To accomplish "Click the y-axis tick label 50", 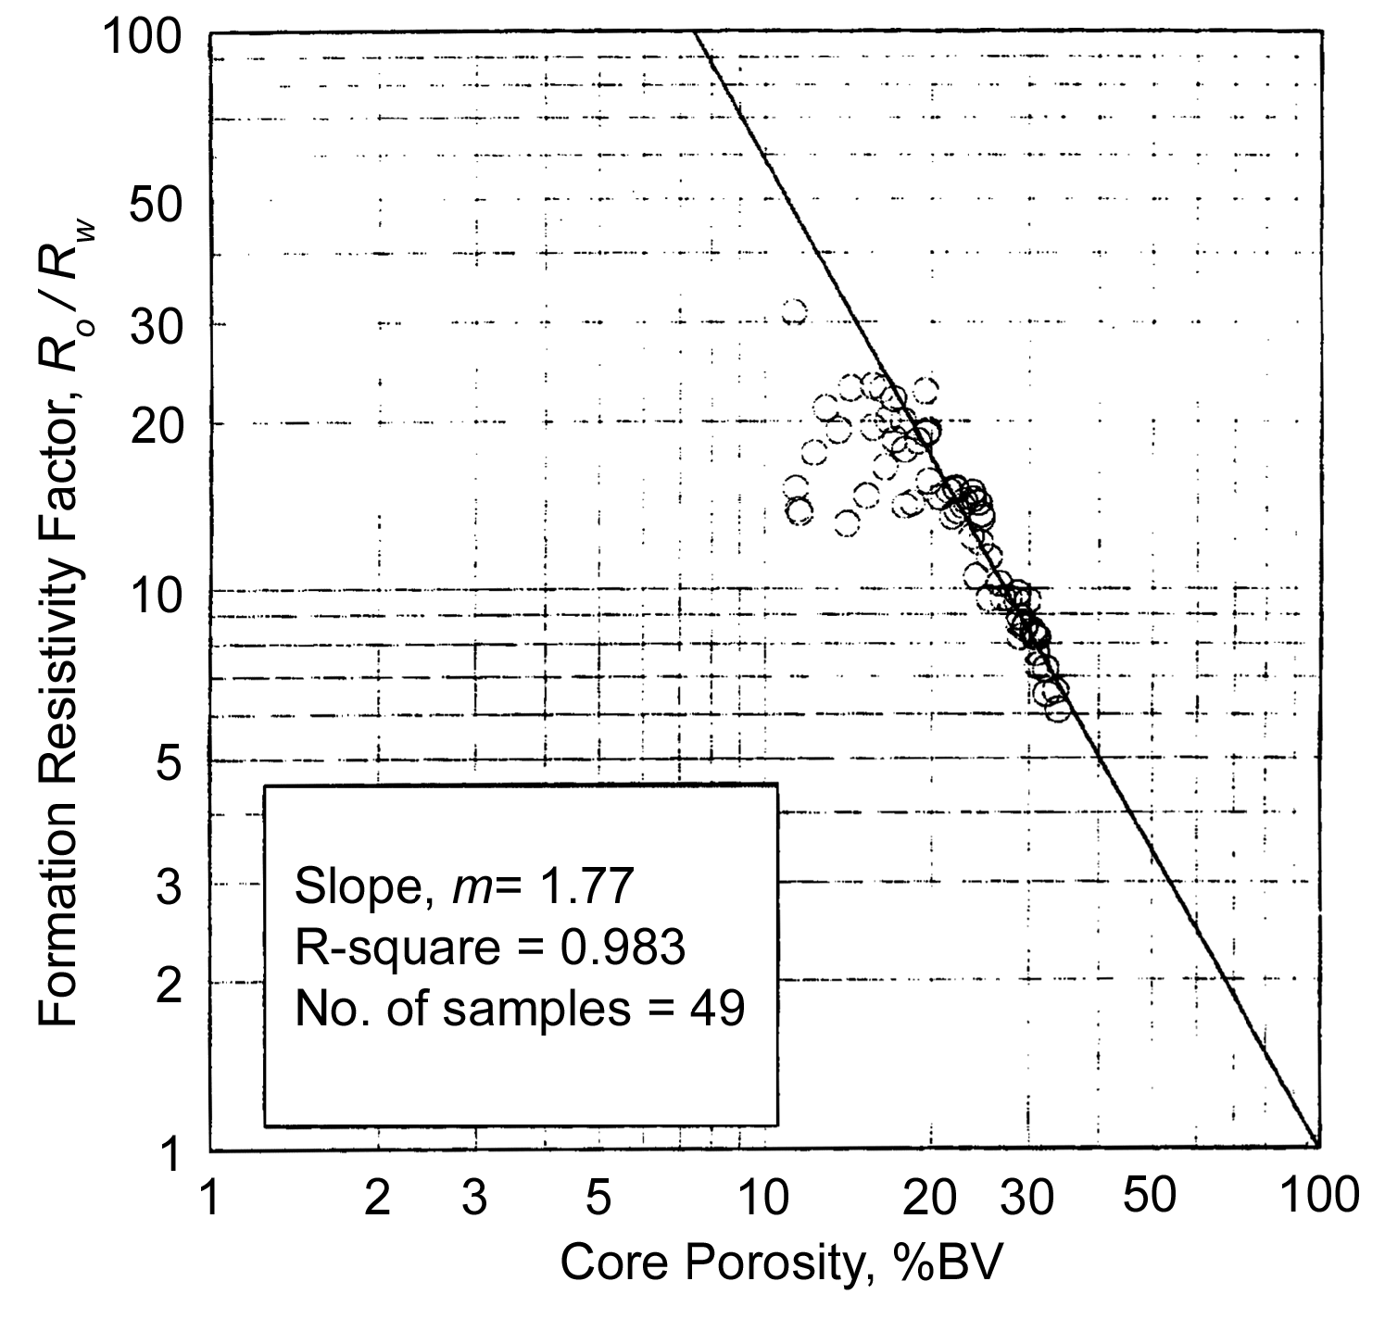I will pos(154,205).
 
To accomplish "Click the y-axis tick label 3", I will pos(166,886).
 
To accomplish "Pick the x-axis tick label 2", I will pos(377,1198).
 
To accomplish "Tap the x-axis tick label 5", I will pos(599,1198).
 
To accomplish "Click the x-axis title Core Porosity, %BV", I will pos(781,1263).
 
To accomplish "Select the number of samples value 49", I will pos(719,1009).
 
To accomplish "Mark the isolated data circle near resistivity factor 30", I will pos(794,312).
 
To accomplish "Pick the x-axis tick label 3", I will pos(474,1198).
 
